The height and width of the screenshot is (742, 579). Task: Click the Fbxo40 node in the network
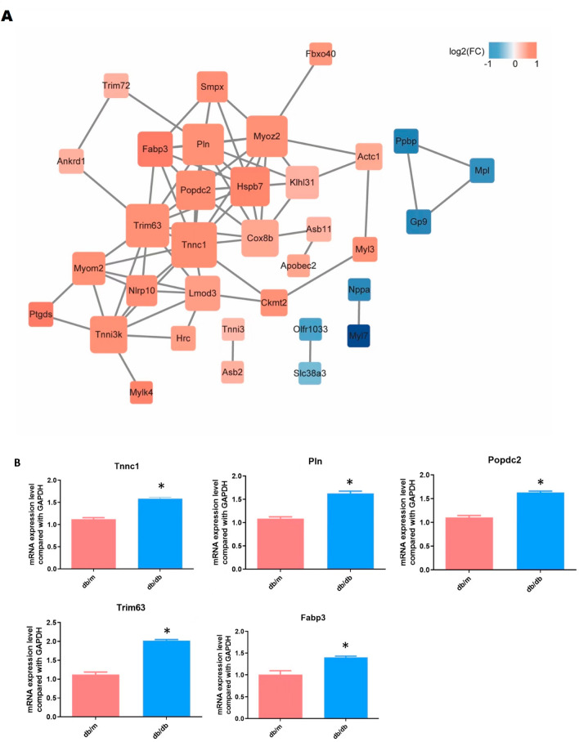point(321,54)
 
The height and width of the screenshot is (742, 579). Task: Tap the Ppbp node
point(406,140)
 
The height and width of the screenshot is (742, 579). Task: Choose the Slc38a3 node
point(309,373)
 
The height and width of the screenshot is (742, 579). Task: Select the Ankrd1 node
point(71,161)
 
